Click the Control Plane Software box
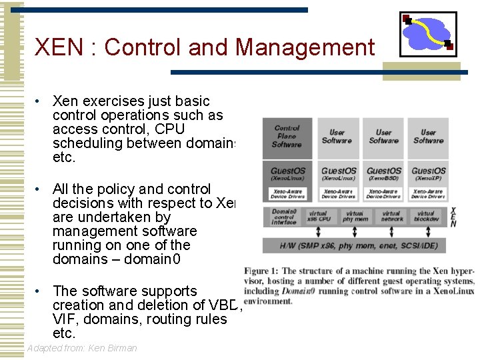coord(287,137)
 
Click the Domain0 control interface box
coord(284,217)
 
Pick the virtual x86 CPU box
coord(318,217)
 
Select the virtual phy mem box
coord(355,217)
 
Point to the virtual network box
coord(391,217)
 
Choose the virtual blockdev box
coord(426,217)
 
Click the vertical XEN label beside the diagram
coord(454,217)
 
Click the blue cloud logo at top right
coord(427,33)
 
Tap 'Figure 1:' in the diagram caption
coord(261,271)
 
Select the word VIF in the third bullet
coord(64,319)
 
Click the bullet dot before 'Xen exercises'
coord(39,102)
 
